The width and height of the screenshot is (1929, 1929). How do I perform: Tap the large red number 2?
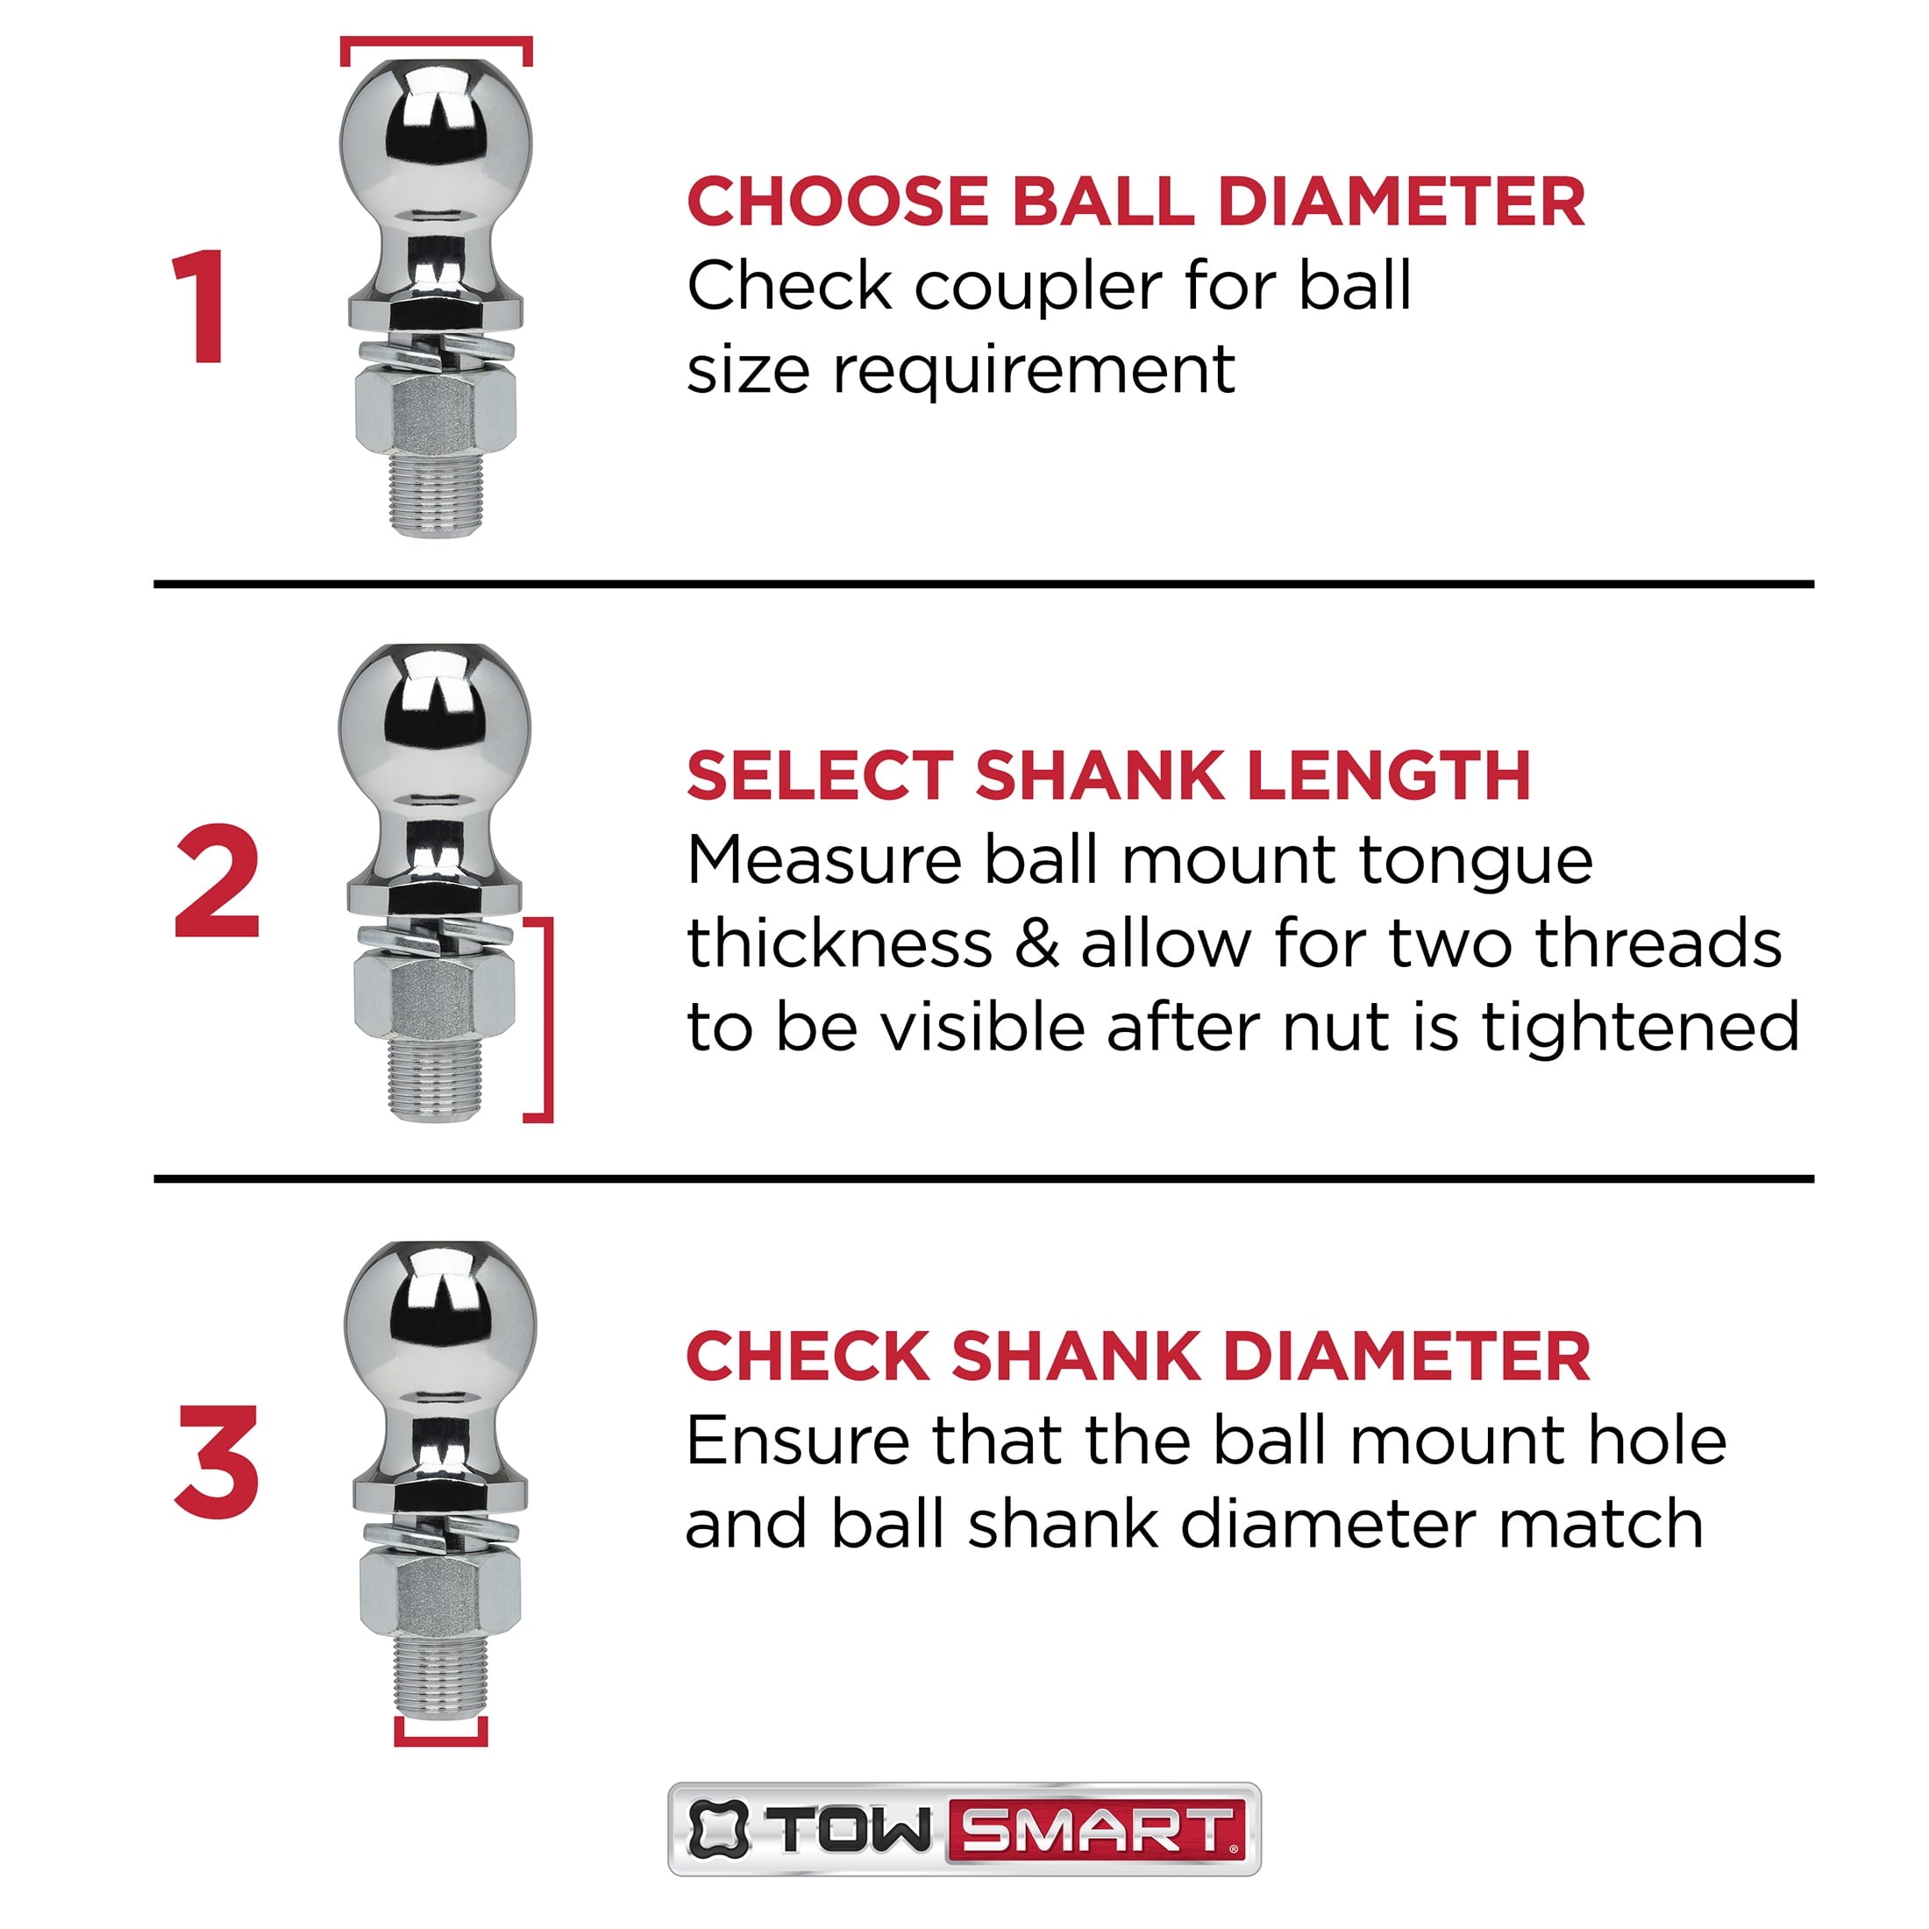[217, 883]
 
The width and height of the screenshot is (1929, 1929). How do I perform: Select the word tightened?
[1640, 1028]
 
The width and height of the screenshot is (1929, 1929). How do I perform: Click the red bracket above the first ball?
[437, 42]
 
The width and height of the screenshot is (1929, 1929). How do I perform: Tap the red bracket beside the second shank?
[545, 1018]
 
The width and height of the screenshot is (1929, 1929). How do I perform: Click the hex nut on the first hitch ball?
[437, 410]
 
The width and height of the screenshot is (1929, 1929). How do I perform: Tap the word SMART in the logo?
[1096, 1830]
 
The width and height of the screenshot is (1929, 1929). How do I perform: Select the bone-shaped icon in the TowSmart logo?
[718, 1830]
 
